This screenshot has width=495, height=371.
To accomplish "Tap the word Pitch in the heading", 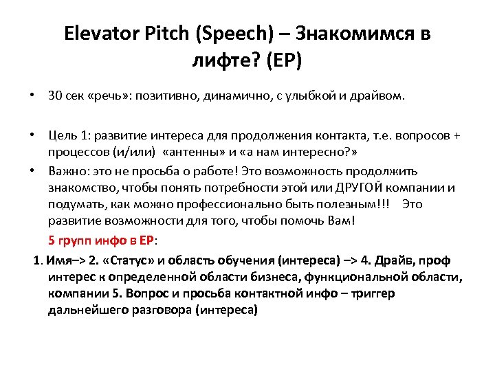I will [x=167, y=34].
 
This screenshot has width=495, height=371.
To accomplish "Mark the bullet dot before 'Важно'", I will [x=33, y=171].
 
